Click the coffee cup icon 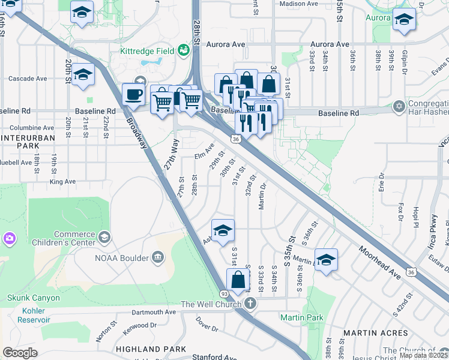pyautogui.click(x=133, y=95)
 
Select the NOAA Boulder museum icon pyautogui.click(x=158, y=258)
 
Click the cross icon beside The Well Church pyautogui.click(x=250, y=304)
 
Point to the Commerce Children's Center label pyautogui.click(x=75, y=238)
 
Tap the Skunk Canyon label pyautogui.click(x=34, y=298)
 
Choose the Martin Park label pyautogui.click(x=301, y=317)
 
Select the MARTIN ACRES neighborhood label pyautogui.click(x=368, y=332)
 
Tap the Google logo pyautogui.click(x=20, y=352)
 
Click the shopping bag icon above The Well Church pyautogui.click(x=238, y=280)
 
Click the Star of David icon pyautogui.click(x=399, y=107)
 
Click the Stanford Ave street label pyautogui.click(x=211, y=357)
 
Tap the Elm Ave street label pyautogui.click(x=204, y=152)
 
